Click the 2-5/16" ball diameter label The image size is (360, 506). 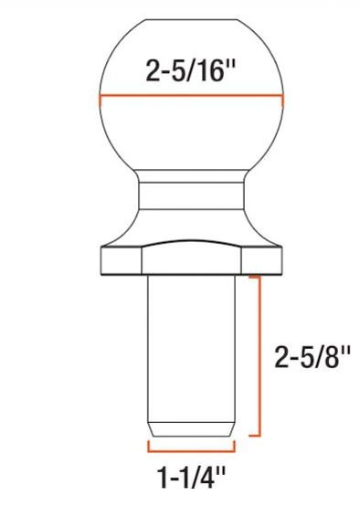coord(190,70)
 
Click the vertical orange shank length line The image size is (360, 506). coord(262,356)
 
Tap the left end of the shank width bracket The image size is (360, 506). coord(148,448)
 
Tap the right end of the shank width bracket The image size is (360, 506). coord(236,448)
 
